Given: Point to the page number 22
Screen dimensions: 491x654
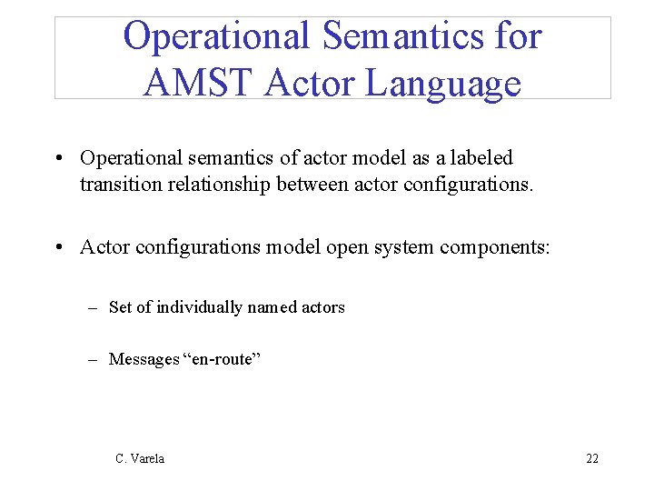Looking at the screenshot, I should click(x=592, y=458).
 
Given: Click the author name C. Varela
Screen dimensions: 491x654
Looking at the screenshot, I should click(x=140, y=458).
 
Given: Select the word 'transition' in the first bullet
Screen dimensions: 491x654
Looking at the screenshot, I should click(x=115, y=185).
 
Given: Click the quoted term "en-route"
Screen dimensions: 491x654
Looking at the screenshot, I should click(x=222, y=359).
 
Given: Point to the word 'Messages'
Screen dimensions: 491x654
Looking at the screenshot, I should click(x=144, y=359).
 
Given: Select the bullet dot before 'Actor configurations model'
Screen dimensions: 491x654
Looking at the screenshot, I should click(x=58, y=247).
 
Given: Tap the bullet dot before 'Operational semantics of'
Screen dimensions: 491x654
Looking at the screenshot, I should click(x=58, y=158).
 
